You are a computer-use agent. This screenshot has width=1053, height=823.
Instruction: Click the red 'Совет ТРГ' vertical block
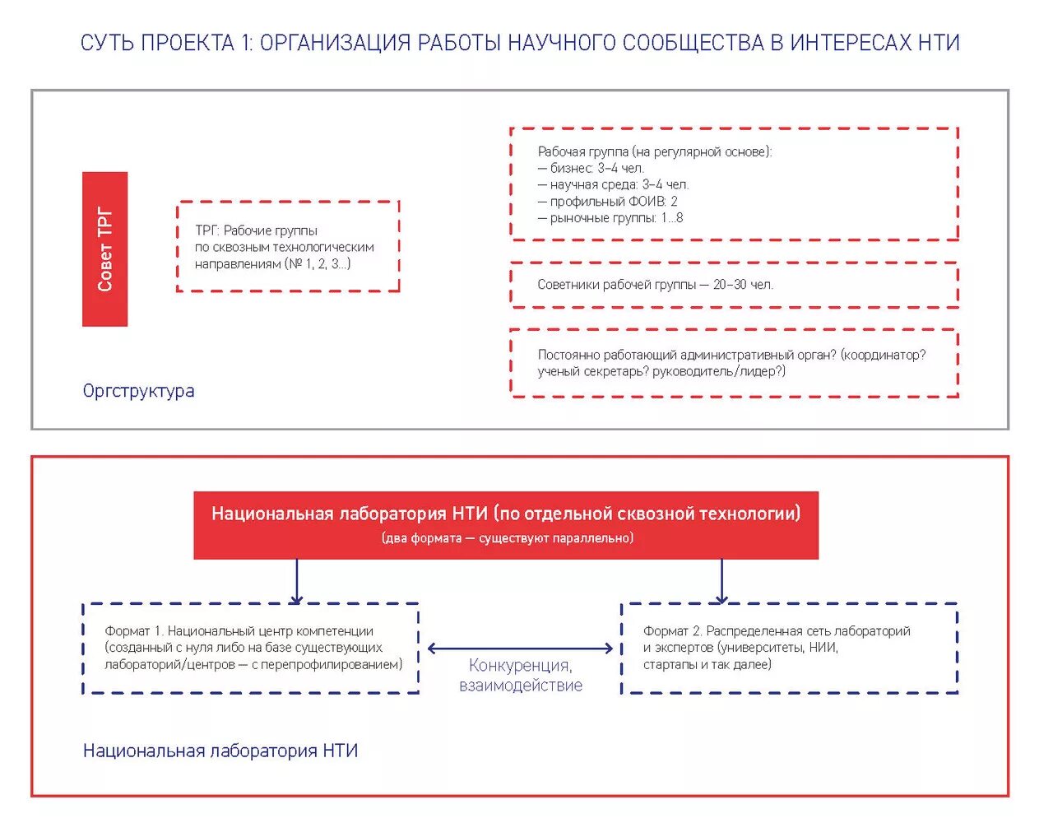pos(104,249)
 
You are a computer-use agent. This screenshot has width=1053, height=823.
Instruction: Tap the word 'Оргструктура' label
pos(138,391)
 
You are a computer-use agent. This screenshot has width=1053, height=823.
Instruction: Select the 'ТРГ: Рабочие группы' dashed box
pos(288,247)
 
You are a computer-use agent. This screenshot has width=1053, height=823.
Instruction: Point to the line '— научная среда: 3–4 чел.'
pos(613,184)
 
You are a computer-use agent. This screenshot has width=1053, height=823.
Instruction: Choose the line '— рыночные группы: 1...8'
pos(610,218)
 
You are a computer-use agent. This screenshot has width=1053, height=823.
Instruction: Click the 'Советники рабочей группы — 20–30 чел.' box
pos(734,285)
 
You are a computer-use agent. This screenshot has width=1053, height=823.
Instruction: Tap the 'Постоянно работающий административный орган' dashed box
pos(734,363)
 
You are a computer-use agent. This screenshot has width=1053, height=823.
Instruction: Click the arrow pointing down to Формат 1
pos(297,582)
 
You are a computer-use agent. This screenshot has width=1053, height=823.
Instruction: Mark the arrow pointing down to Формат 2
pos(721,582)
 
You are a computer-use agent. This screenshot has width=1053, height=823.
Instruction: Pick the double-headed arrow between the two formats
pos(520,649)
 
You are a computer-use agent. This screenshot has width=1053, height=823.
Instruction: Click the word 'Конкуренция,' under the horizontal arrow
pos(520,666)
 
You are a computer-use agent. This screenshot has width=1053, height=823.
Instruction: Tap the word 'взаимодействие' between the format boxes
pos(520,686)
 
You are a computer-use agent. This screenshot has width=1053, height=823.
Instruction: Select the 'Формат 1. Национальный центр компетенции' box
pos(251,648)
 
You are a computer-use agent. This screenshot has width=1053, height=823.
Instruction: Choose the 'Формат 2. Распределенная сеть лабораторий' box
pos(790,648)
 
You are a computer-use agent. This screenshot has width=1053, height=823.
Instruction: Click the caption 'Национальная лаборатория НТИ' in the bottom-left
pos(220,751)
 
